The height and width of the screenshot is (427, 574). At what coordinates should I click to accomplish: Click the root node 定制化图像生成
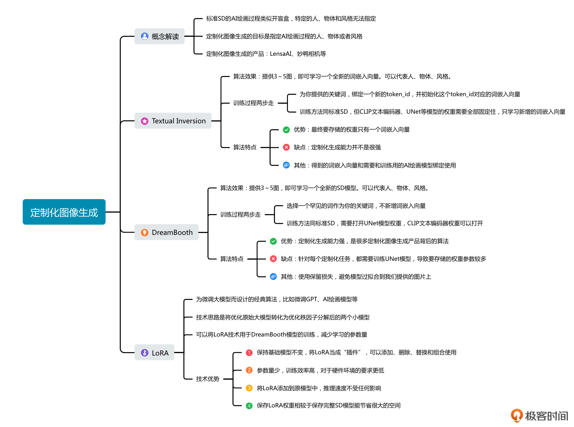[64, 212]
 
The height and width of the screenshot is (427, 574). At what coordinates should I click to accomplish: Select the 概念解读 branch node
[159, 36]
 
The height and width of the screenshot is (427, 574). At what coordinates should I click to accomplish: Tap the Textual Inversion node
[173, 121]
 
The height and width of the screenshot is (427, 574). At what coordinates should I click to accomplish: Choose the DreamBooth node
[166, 232]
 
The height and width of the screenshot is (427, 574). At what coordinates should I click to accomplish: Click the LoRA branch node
[154, 353]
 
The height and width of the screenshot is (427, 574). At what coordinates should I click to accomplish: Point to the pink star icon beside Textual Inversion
[145, 121]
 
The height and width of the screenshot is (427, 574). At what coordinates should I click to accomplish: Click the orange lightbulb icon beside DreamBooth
[145, 232]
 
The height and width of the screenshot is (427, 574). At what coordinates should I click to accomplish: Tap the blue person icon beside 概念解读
[145, 36]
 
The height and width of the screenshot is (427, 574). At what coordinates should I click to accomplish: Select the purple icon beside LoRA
[145, 353]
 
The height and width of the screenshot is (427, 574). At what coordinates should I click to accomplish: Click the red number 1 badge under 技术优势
[249, 353]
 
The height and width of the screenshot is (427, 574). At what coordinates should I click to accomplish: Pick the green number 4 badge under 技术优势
[249, 406]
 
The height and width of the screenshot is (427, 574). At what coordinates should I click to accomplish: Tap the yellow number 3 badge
[249, 388]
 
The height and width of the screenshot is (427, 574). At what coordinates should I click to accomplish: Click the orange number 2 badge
[249, 370]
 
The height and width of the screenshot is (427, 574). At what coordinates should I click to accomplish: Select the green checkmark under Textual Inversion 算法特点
[286, 130]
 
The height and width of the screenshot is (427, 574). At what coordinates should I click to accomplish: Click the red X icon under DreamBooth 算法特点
[273, 259]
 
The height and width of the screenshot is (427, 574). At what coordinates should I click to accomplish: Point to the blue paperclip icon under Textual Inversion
[286, 165]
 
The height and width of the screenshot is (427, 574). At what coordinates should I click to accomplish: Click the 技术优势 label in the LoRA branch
[207, 379]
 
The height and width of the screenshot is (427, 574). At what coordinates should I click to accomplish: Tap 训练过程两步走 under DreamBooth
[240, 215]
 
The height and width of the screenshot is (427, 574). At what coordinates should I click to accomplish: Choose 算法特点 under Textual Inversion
[245, 147]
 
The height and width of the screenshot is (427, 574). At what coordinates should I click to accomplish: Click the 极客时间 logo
[539, 416]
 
